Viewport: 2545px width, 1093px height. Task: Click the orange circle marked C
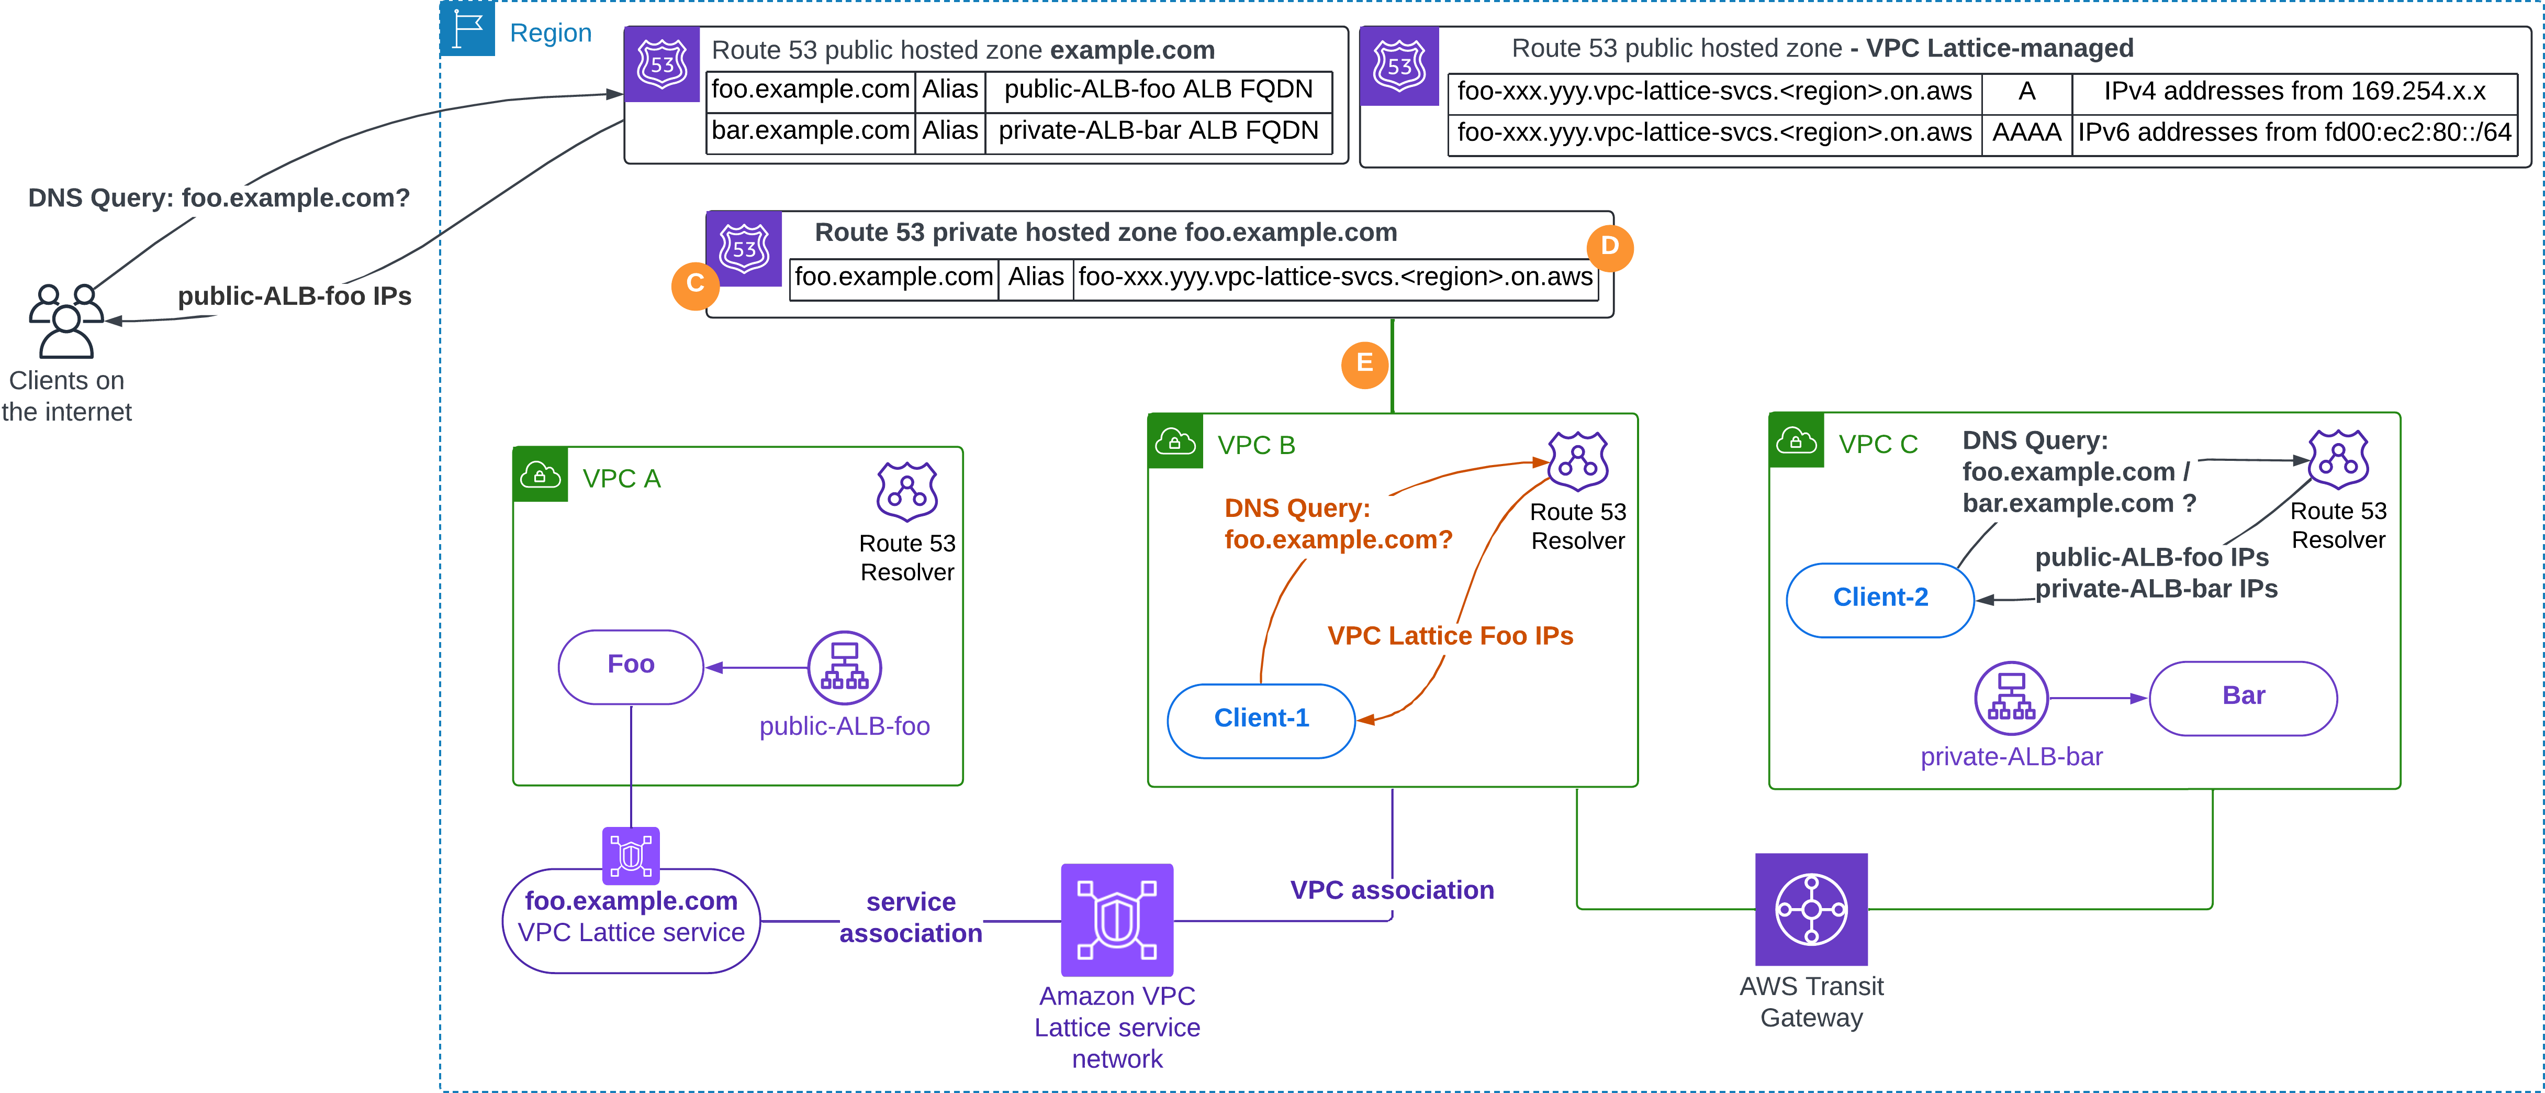[696, 284]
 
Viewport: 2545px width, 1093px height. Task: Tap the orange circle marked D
[1609, 246]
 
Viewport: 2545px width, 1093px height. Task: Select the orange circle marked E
[1364, 365]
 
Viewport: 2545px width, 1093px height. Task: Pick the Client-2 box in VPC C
[1880, 600]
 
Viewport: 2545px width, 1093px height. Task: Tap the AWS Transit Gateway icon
[1811, 909]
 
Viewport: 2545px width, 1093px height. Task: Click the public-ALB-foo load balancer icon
[845, 668]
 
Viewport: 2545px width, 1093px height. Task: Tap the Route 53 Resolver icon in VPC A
[907, 491]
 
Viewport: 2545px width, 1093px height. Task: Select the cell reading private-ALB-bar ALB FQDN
[1159, 131]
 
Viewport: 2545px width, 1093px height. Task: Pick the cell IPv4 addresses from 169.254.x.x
[2294, 92]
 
